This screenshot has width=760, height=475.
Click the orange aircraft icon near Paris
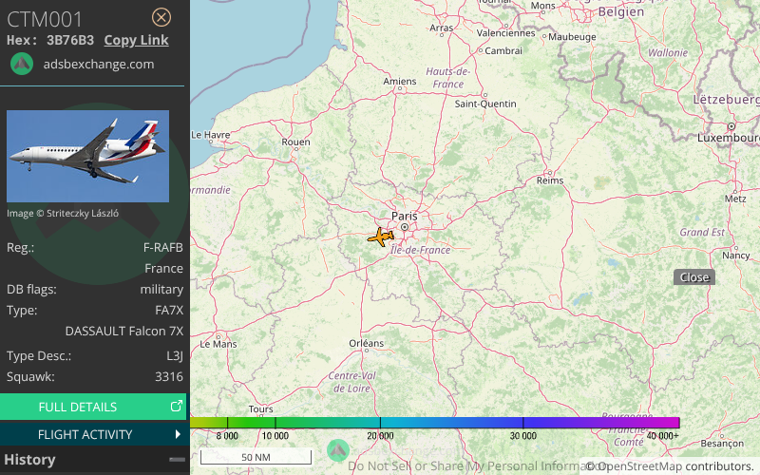[381, 237]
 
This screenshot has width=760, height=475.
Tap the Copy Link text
[136, 40]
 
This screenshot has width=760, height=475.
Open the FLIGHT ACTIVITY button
[93, 434]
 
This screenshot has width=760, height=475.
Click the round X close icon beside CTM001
[161, 17]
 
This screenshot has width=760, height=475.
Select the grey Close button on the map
[693, 277]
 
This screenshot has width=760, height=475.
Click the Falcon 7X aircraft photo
[87, 156]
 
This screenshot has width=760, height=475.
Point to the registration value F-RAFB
[162, 247]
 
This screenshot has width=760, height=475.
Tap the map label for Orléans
[367, 343]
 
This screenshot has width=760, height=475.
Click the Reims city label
[550, 180]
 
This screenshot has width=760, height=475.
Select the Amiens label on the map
[399, 82]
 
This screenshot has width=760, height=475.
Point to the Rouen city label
[296, 142]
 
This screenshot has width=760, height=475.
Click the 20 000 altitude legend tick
[380, 435]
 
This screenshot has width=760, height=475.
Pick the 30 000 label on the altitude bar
[522, 435]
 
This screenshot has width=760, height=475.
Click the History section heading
[29, 460]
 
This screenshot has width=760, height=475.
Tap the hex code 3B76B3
[70, 40]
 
